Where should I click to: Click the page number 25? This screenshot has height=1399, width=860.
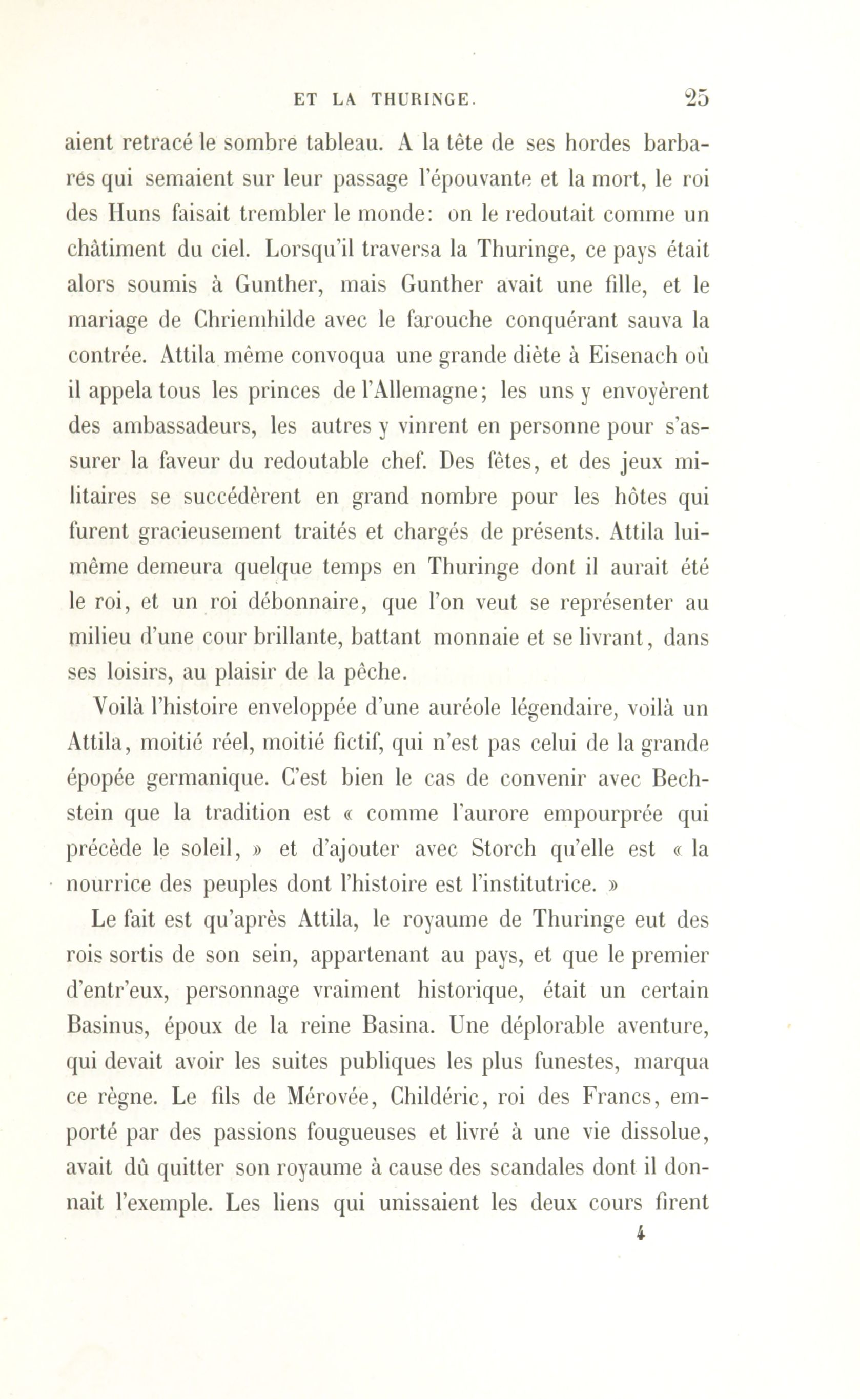point(696,98)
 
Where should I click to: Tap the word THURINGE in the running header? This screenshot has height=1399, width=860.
point(421,100)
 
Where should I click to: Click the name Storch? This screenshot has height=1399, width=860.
point(504,849)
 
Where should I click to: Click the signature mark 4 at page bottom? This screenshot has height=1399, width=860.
point(641,1233)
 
